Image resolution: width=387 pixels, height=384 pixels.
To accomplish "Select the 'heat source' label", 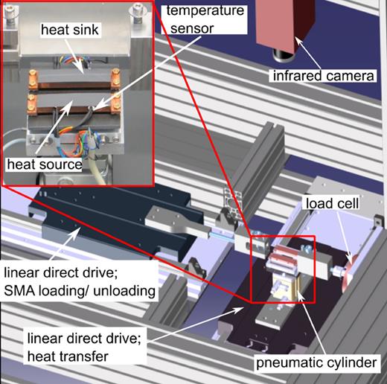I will (x=45, y=163).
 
